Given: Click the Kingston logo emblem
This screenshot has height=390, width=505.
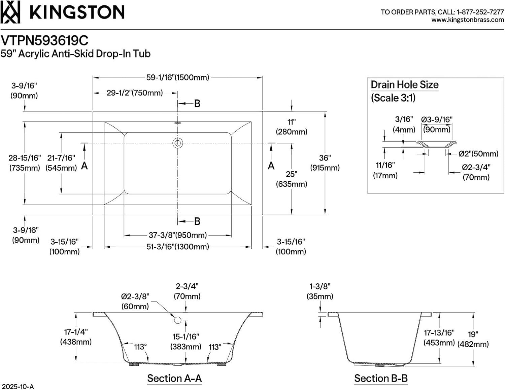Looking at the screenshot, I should (10, 12).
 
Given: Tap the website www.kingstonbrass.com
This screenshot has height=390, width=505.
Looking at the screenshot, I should (467, 20).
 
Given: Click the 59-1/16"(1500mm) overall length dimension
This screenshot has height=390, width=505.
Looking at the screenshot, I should (177, 77).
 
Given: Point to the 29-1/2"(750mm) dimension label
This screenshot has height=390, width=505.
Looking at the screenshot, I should (135, 93).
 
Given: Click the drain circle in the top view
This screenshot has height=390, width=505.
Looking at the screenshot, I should (177, 143).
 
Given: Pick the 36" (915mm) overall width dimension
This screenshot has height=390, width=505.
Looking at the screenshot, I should (325, 163).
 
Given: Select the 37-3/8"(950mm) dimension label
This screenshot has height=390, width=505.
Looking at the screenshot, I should (177, 235).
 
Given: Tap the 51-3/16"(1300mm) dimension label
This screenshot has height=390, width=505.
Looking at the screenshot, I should (177, 247).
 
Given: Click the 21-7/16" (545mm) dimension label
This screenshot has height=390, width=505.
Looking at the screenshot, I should (61, 163).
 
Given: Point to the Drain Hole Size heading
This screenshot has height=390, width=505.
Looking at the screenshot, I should (404, 85).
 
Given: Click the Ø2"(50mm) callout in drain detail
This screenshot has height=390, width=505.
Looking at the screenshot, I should (478, 154).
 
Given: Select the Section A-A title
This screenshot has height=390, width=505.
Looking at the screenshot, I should (174, 378).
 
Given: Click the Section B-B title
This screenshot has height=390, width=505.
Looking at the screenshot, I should (381, 378).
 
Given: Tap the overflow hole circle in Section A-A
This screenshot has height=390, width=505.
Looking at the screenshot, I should (178, 320).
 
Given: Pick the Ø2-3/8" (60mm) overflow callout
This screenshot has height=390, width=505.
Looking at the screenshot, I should (135, 301).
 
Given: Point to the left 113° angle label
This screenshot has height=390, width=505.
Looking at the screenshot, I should (140, 347).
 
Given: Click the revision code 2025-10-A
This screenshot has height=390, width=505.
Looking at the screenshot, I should (18, 386).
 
